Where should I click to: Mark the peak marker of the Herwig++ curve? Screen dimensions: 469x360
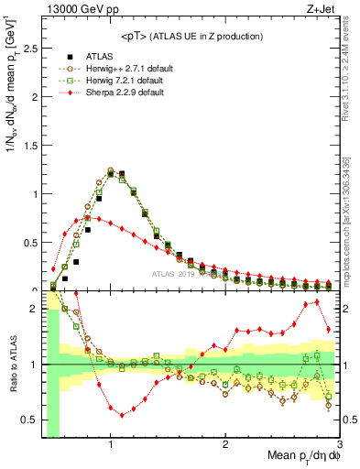[x=111, y=170]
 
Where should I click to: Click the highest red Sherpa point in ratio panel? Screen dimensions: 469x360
[x=317, y=301]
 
